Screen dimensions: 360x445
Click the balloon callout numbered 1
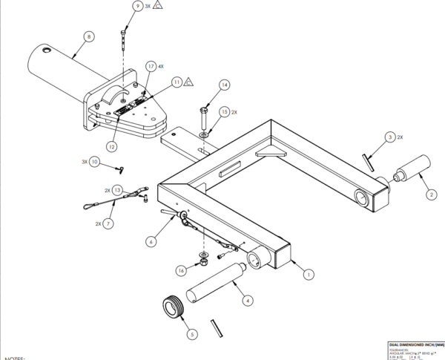coord(309,274)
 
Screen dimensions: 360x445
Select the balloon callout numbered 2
coord(430,196)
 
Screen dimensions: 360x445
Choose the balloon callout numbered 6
coord(151,240)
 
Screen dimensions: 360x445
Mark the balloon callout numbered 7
coord(109,223)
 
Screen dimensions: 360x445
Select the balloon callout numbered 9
coord(137,6)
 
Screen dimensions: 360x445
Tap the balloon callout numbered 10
coord(94,161)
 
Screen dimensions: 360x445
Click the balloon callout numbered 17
coord(151,66)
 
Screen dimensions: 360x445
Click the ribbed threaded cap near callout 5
coord(173,306)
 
